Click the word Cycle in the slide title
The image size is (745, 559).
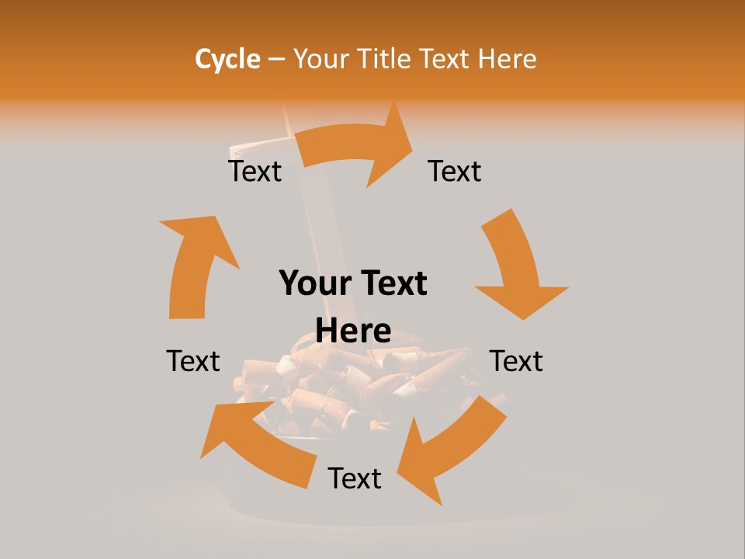[x=227, y=59]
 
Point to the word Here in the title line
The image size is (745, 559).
[x=507, y=59]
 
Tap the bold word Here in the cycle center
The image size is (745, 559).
[x=353, y=332]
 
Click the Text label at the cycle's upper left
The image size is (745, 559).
[x=255, y=171]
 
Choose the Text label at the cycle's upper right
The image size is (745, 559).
[x=455, y=171]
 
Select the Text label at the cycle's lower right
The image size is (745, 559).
[x=516, y=361]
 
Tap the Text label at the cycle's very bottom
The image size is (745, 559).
[x=355, y=478]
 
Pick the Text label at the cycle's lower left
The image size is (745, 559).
[x=193, y=361]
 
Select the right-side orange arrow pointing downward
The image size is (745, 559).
[x=515, y=268]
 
